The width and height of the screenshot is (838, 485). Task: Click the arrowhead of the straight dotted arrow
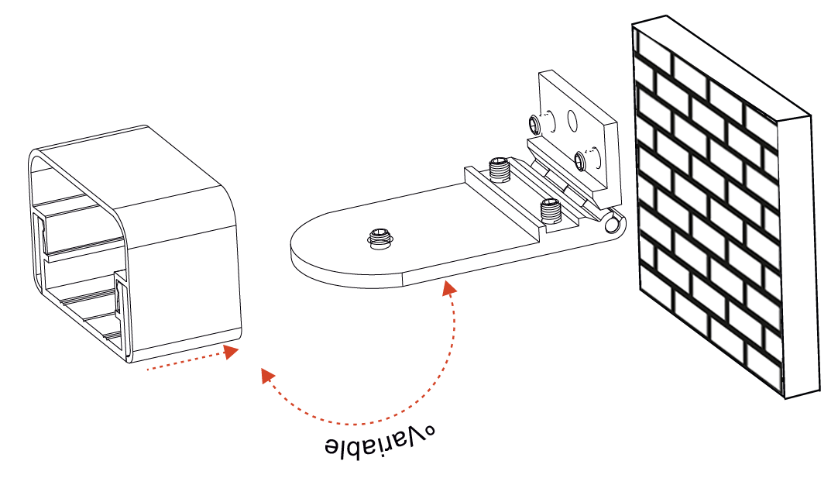(231, 352)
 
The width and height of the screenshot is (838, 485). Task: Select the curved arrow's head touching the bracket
(450, 288)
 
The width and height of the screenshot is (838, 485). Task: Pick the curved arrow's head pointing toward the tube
(268, 376)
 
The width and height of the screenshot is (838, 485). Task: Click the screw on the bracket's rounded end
(380, 239)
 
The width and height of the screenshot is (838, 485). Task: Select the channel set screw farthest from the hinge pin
(499, 169)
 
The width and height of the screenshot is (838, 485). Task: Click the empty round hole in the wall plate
(572, 121)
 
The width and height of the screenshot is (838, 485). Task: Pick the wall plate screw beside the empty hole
(535, 125)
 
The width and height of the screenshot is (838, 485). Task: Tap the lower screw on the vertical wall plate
(581, 160)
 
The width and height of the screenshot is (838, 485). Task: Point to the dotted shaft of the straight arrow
(184, 362)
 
